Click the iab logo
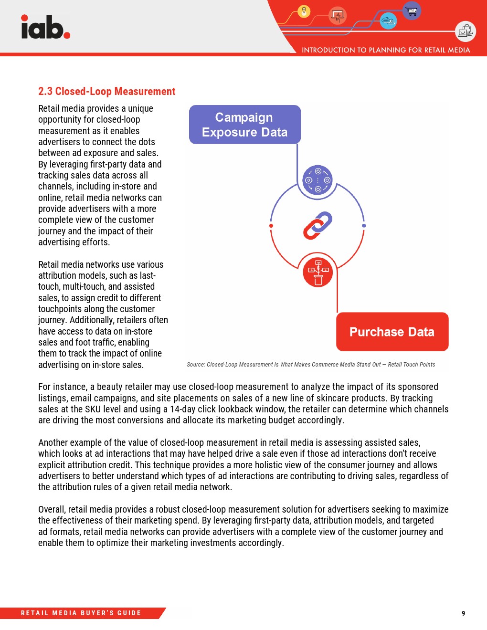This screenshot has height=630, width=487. point(45,27)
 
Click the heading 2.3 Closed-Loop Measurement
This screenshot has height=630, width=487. point(106,91)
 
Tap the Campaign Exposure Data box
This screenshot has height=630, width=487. point(244,125)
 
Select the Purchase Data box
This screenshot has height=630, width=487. point(392,332)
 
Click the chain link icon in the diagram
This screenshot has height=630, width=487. point(318,225)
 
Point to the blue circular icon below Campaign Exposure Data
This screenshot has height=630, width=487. point(318,180)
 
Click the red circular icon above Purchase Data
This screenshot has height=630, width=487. point(318,272)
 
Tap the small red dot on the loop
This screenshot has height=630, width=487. point(271,226)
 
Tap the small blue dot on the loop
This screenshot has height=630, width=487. point(364,226)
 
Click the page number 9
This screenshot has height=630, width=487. point(463,613)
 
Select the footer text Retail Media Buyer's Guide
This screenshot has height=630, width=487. point(81,613)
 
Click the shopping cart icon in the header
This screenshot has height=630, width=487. point(412,10)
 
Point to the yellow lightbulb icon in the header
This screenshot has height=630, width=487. point(304,11)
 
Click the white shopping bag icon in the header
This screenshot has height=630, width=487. point(465,31)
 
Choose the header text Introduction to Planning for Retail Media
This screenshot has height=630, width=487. point(386,50)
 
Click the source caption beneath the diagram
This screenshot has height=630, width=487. point(311,365)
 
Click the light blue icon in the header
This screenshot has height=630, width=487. point(388,21)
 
